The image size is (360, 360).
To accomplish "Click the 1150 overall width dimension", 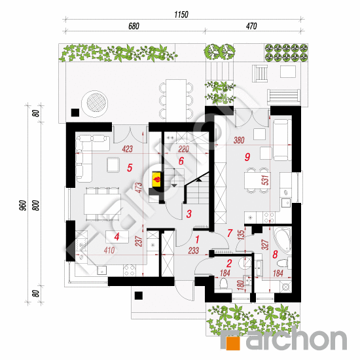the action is coord(181,14).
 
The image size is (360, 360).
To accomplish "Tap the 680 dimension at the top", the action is coord(134,26).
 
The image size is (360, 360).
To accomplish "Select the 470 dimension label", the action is coord(251,26).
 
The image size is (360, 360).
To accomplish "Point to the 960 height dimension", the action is coord(22,205).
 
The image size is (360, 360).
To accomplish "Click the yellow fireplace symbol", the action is coord(157,179).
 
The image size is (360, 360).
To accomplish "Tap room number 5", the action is coord(130,168).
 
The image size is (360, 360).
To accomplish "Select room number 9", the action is coord(247,157).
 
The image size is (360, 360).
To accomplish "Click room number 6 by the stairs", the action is coord(181,161).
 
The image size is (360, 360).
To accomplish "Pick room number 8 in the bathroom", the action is coord(275,254).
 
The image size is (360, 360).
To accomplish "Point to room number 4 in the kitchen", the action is coord(117,237).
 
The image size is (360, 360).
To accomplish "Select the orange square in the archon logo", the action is coord(233,343).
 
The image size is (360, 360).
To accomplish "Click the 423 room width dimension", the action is coord(127,149).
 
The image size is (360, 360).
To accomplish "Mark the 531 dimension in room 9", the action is coord(264,180).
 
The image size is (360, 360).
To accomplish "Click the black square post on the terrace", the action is coord(75,113).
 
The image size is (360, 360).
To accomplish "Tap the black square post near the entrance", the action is coord(139,295).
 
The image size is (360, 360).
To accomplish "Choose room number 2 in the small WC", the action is coord(229,263).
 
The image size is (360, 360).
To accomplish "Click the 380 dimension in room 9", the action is coord(239,140).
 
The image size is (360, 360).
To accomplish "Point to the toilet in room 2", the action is coord(223,284).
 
